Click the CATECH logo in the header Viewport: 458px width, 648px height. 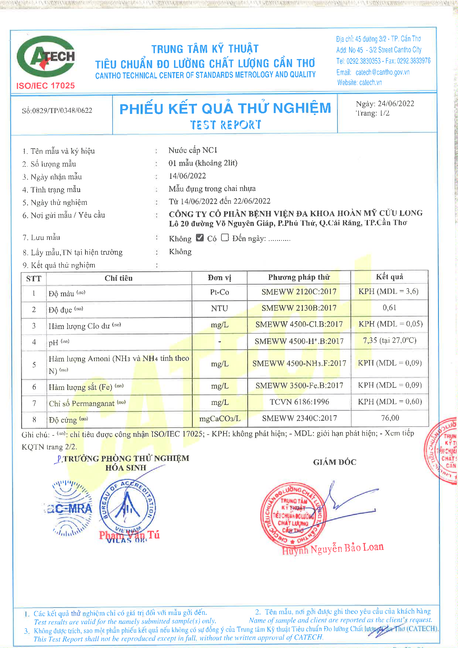(x=46, y=56)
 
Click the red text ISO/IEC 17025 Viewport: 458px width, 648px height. (x=45, y=86)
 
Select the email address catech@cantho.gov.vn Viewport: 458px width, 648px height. (x=382, y=72)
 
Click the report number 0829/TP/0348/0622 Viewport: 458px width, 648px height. (x=62, y=110)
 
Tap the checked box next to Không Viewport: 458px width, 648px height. (x=200, y=238)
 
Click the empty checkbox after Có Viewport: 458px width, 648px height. (x=225, y=238)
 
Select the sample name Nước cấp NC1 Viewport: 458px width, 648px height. (x=193, y=150)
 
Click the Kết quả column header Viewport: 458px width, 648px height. (x=390, y=277)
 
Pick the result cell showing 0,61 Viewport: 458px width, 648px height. (x=390, y=308)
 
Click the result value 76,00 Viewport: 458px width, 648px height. (x=390, y=418)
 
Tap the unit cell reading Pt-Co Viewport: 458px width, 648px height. (x=219, y=292)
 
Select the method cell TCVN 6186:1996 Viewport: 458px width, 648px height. (x=299, y=402)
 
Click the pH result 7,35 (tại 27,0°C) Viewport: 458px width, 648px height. (x=390, y=340)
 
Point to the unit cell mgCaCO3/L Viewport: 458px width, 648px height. (x=219, y=419)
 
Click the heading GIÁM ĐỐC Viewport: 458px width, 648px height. (x=335, y=462)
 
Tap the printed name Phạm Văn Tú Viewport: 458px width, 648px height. (x=129, y=535)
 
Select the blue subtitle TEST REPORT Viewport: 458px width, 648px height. (x=226, y=125)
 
